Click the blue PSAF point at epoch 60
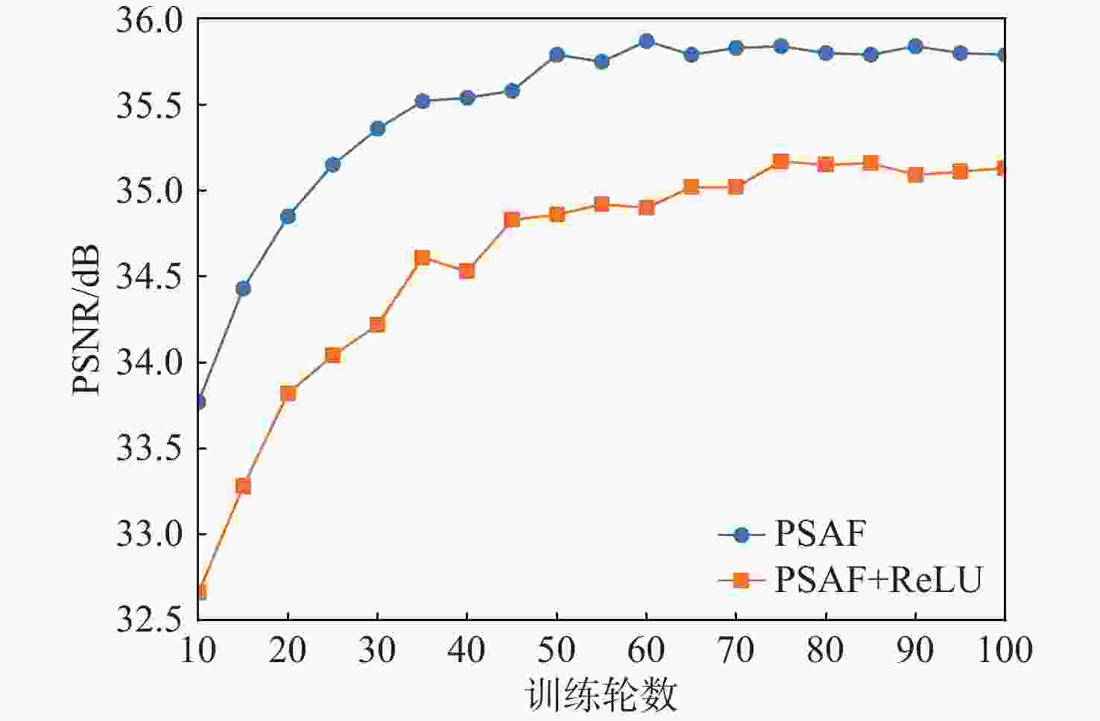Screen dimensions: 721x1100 point(646,41)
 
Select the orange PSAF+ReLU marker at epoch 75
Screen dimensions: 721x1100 point(780,161)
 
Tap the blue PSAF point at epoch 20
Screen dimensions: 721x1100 point(288,216)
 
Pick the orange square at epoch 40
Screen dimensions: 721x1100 point(467,271)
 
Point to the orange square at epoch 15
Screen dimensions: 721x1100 point(243,486)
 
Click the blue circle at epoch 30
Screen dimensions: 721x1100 point(377,128)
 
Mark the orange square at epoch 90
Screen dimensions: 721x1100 point(915,174)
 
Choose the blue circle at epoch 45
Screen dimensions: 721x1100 point(512,90)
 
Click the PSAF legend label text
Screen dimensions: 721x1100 point(821,534)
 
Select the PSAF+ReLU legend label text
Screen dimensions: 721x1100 point(879,579)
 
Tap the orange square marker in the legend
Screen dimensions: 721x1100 point(741,579)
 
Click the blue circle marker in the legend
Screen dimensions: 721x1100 point(741,535)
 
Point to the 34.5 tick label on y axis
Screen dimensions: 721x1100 point(149,277)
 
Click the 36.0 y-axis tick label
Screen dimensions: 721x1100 point(149,19)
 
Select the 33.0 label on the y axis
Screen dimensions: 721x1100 point(149,535)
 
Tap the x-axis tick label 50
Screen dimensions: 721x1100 point(557,650)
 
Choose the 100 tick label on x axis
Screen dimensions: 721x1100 point(1005,650)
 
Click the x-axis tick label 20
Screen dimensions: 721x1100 point(288,650)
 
